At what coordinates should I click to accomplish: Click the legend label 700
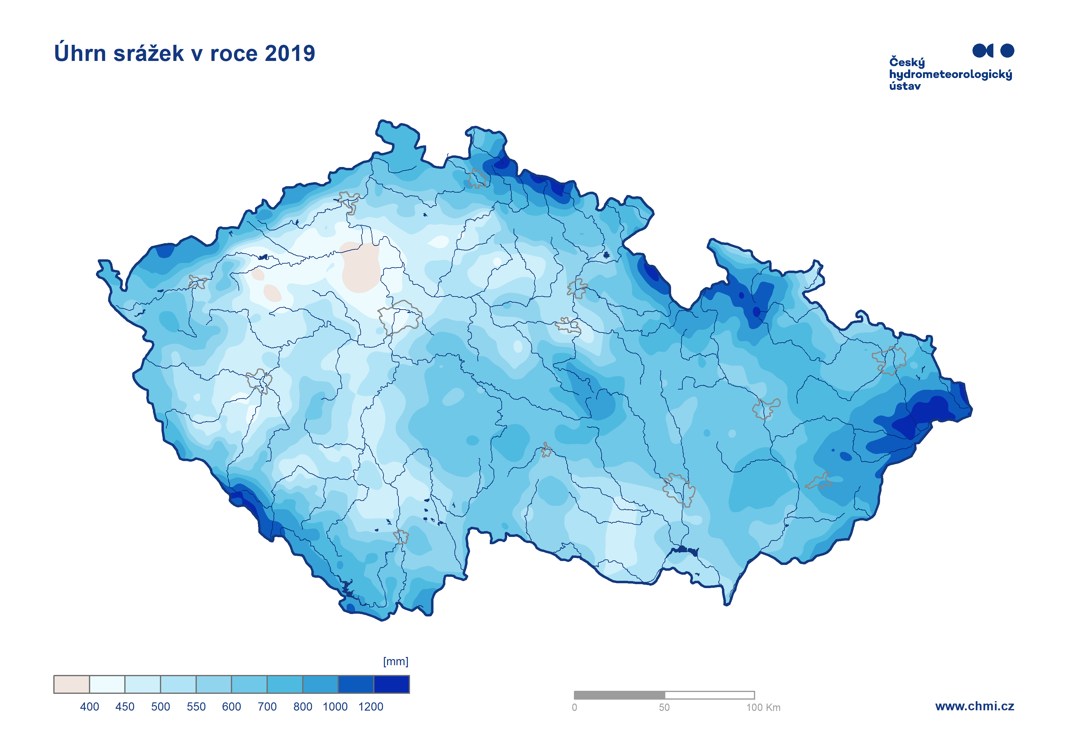point(267,707)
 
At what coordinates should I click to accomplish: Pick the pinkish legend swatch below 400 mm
point(71,684)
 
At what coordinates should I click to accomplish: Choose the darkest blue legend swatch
point(391,684)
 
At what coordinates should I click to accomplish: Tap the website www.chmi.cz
point(974,706)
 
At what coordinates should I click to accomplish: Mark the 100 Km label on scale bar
point(763,708)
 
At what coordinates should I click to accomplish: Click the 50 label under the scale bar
point(664,708)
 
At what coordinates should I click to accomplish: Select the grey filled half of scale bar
point(619,695)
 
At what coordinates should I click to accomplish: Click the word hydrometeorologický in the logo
point(950,74)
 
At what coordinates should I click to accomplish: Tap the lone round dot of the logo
point(1007,50)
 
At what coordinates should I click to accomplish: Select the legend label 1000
point(335,707)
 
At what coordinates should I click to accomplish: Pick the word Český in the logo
point(907,62)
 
